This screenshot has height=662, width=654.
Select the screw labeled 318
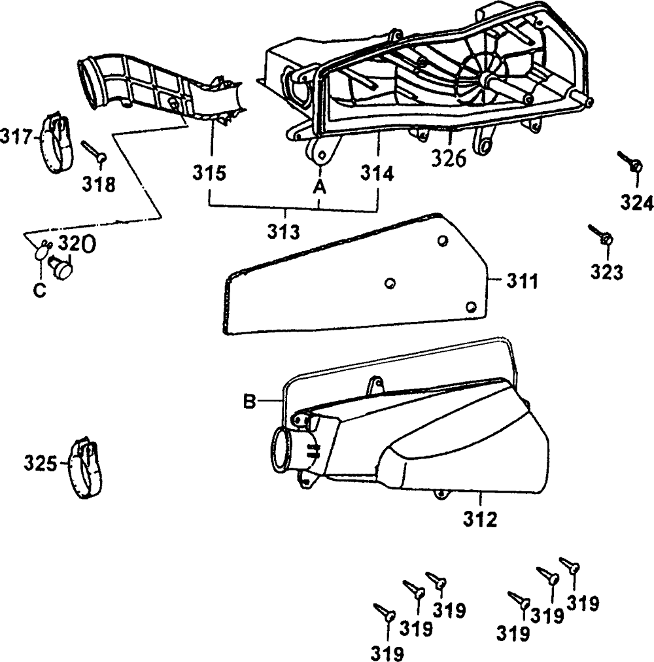tap(94, 152)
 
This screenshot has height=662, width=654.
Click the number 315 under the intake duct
tap(209, 174)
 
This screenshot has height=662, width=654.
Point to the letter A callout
tap(318, 187)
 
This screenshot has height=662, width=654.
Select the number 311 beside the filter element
tap(522, 283)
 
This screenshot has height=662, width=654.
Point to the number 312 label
tap(481, 519)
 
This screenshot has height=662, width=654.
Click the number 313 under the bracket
tap(284, 231)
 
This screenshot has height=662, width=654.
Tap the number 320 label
tap(77, 244)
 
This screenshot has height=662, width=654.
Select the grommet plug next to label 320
tap(61, 267)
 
